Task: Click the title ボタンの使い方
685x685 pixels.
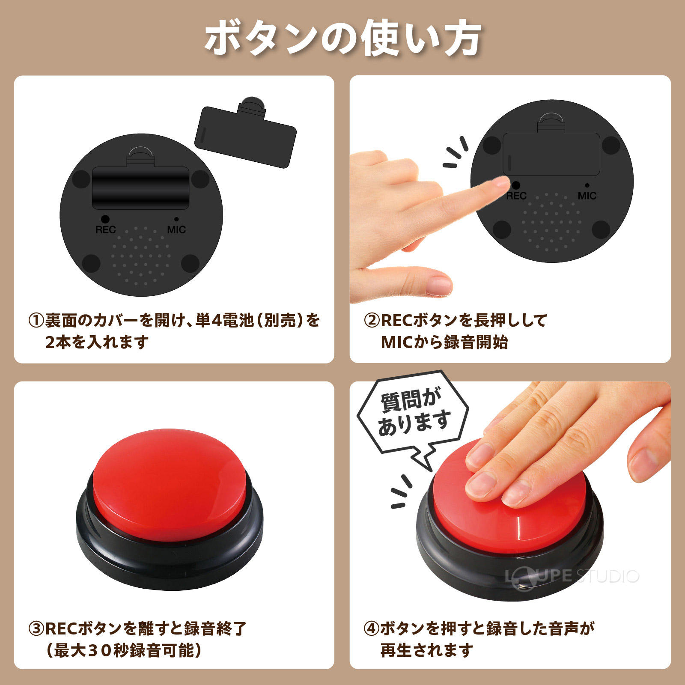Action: [x=342, y=39]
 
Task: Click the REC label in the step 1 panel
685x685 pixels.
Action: [x=105, y=230]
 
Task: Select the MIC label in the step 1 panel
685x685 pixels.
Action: [x=176, y=230]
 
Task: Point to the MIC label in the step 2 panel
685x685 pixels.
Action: [x=587, y=196]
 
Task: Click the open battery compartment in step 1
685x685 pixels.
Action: [x=141, y=188]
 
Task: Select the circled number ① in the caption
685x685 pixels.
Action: [x=36, y=320]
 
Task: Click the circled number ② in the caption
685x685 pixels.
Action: [x=372, y=320]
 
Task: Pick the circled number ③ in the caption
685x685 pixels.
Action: [x=36, y=628]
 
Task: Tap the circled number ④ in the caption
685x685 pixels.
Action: [x=372, y=628]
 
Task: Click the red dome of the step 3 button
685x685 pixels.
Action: [x=169, y=475]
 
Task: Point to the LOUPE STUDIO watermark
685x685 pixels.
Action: [x=572, y=577]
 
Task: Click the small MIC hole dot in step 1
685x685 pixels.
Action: [x=176, y=219]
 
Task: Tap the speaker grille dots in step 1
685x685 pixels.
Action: [x=140, y=257]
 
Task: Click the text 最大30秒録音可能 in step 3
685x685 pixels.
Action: [x=124, y=650]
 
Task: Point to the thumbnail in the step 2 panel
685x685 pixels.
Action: [x=439, y=285]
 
